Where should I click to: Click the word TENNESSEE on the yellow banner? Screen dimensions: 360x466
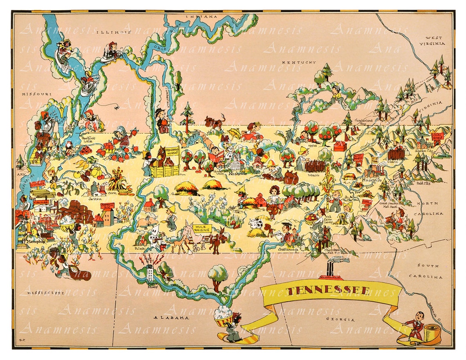pyautogui.click(x=329, y=291)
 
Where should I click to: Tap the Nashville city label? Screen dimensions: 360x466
pyautogui.click(x=237, y=173)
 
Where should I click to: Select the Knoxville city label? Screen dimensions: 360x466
pyautogui.click(x=371, y=179)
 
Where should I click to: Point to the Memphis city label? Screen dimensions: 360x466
pyautogui.click(x=34, y=241)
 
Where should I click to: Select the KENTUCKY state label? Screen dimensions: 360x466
pyautogui.click(x=299, y=63)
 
